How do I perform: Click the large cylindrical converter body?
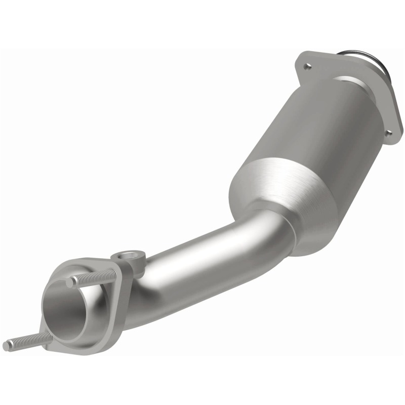coord(309,142)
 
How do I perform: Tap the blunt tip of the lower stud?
coord(7,346)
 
